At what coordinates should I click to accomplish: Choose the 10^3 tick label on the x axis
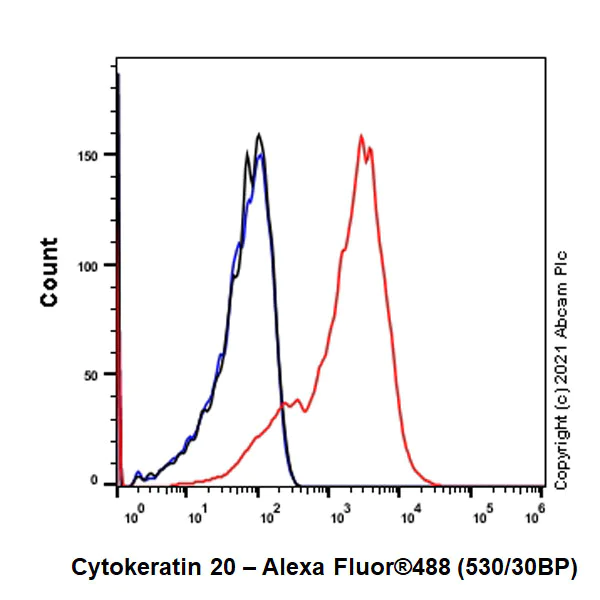(336, 515)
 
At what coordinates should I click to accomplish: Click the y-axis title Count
(48, 271)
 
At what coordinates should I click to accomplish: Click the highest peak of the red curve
(360, 135)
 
